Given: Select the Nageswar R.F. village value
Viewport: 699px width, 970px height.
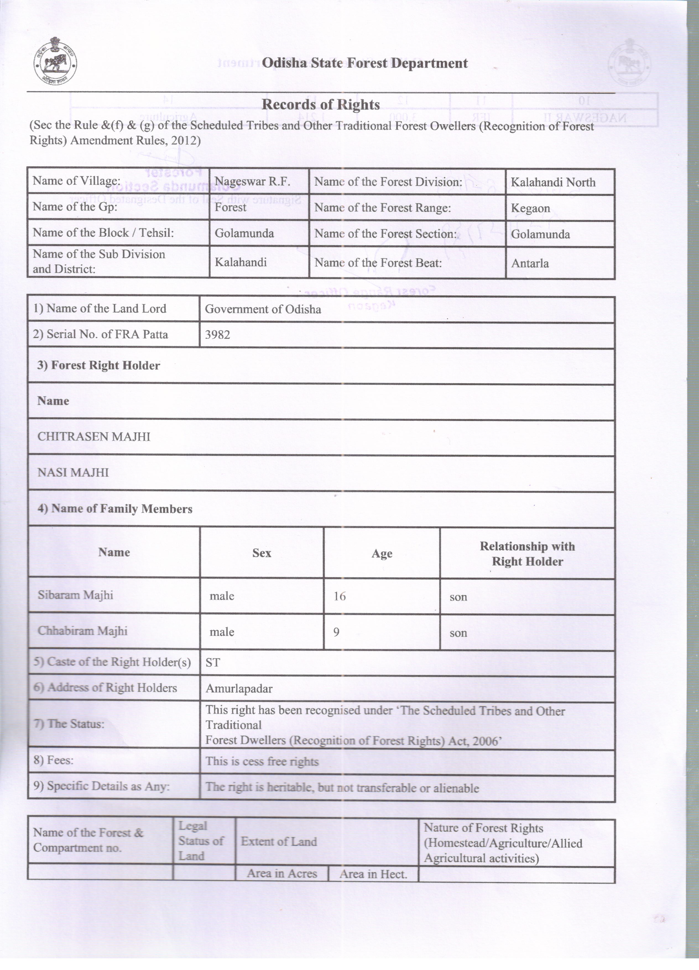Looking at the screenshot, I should point(252,182).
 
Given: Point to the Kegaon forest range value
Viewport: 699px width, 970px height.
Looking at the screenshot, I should point(530,208).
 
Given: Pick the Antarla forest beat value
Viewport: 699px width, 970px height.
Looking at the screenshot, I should point(530,263).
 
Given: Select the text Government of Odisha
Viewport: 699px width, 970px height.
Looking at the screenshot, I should point(263,309).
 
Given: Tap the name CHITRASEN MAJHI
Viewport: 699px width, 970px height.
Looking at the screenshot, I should point(94,437).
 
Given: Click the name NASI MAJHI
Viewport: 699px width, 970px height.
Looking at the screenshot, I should point(73,473).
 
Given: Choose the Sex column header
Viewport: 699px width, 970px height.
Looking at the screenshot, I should point(262,553).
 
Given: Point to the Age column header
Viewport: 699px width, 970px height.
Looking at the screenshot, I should point(382,553).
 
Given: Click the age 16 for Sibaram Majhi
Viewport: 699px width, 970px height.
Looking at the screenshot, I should point(340,596).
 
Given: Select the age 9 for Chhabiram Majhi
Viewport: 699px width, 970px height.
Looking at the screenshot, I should point(337,632).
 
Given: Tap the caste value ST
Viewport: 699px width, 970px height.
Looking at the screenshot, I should point(213,662).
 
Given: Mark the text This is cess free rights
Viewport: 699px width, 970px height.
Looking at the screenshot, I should point(262,762).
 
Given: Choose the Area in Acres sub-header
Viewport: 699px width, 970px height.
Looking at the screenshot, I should point(282,873).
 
